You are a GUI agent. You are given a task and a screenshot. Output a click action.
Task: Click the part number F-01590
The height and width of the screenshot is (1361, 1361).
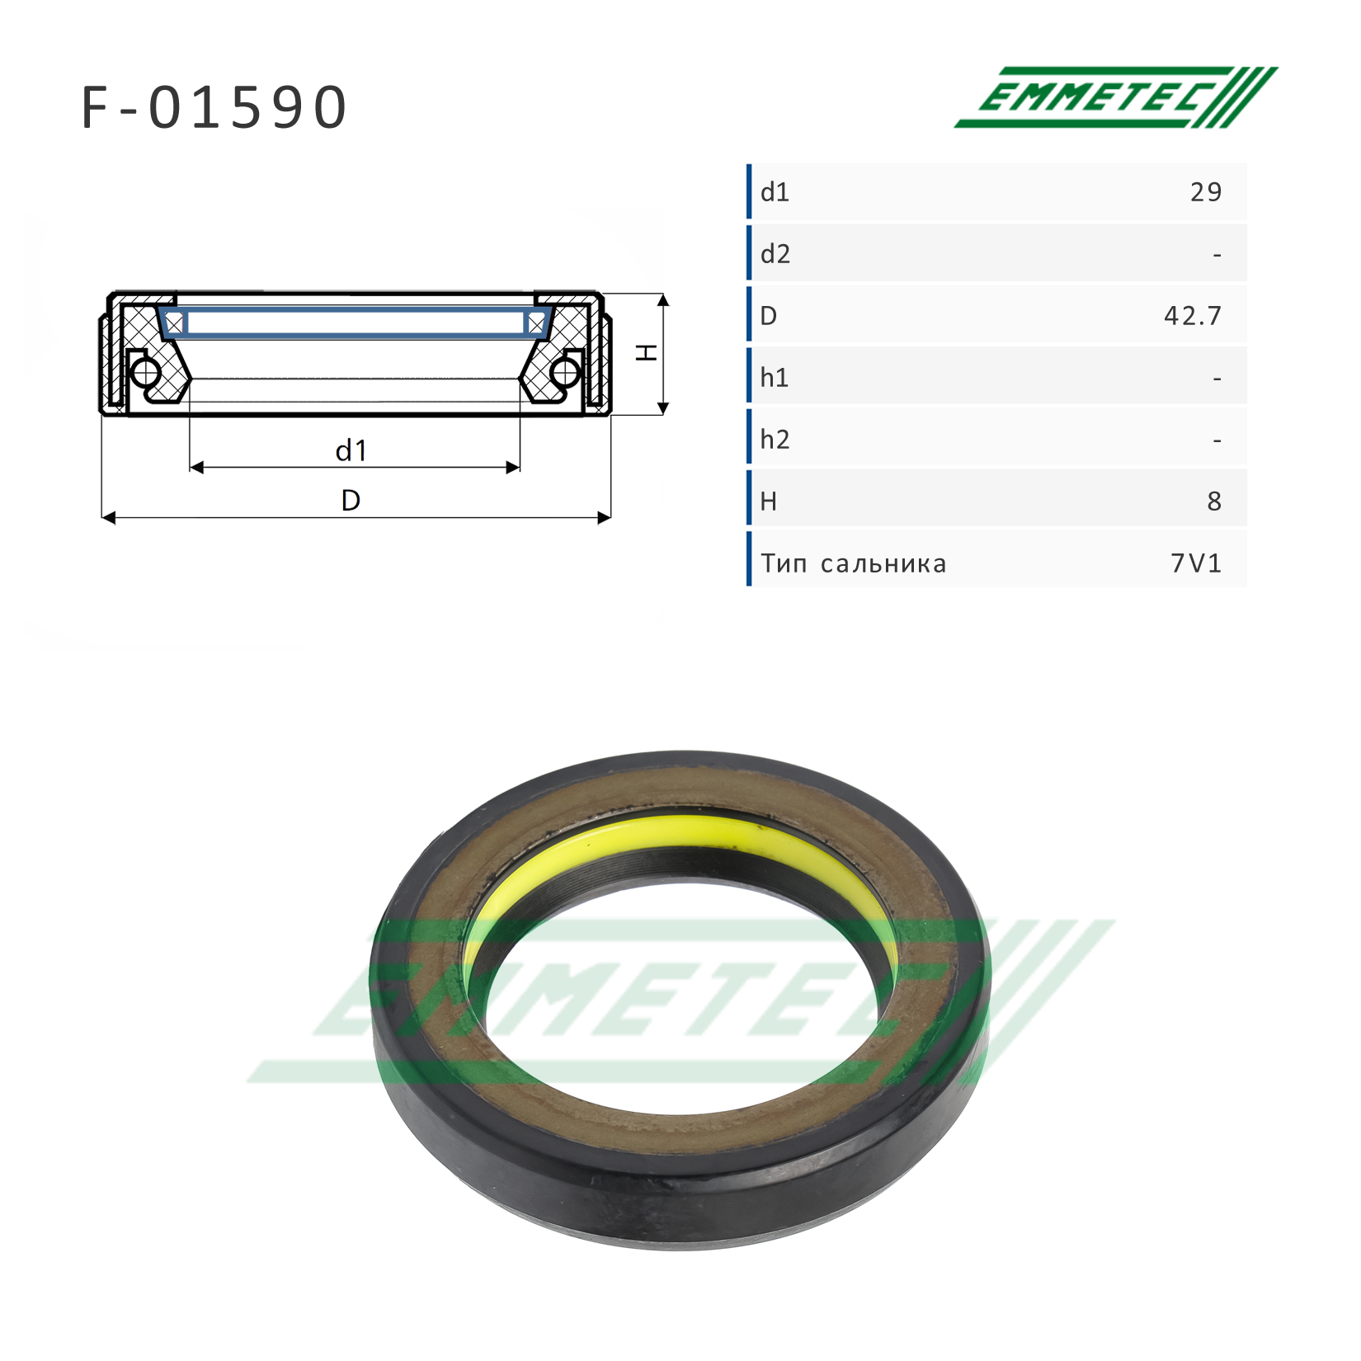click(x=214, y=107)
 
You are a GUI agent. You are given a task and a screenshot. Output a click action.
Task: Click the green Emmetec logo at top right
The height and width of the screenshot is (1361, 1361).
click(x=1115, y=97)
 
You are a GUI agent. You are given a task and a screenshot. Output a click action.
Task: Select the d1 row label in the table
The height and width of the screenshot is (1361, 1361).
click(x=775, y=192)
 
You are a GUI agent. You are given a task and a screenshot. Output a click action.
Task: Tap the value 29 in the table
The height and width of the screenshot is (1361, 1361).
click(x=1205, y=192)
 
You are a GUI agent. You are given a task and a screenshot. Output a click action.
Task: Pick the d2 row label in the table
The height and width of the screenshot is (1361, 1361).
click(x=775, y=254)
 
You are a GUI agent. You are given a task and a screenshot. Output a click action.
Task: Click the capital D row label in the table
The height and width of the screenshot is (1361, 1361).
click(x=768, y=316)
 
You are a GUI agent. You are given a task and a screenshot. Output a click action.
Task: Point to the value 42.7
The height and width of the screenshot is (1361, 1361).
click(x=1192, y=316)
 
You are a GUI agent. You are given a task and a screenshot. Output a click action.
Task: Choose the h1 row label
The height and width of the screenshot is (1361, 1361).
click(x=775, y=378)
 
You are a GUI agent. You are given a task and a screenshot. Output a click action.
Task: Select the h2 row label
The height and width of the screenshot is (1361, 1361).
click(x=775, y=440)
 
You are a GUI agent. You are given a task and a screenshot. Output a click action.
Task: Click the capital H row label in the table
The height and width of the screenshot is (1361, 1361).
click(x=768, y=502)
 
